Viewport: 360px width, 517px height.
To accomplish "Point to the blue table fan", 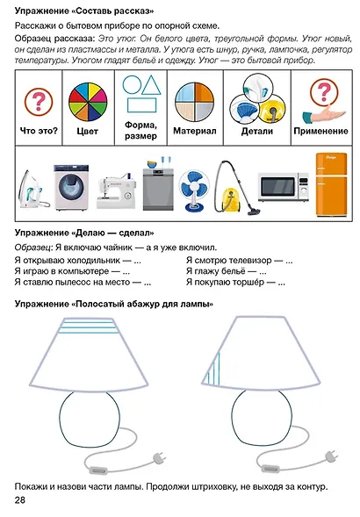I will pos(192,186).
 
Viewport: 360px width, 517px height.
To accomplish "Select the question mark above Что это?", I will pos(39,101).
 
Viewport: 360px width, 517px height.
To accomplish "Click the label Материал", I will pos(196,131).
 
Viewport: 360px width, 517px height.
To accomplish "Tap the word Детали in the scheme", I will pos(257,131).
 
